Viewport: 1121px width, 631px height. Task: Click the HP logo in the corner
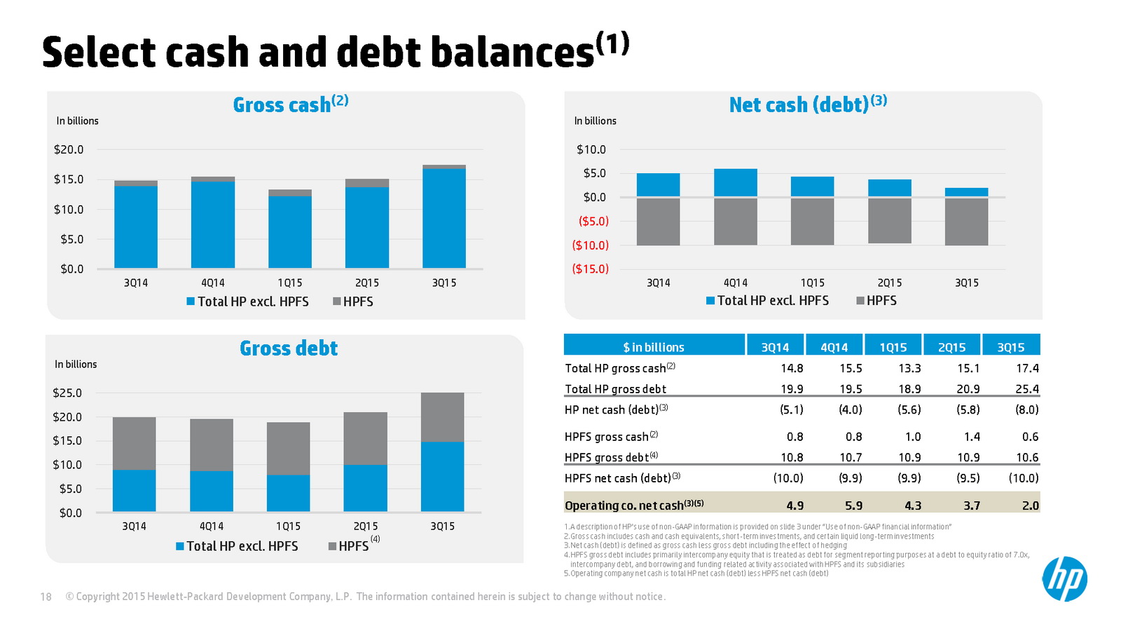click(x=1064, y=579)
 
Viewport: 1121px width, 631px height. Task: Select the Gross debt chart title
click(x=289, y=348)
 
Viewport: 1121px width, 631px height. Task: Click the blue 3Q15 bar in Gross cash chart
click(x=443, y=218)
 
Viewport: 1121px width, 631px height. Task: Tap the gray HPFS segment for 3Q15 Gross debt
click(x=442, y=417)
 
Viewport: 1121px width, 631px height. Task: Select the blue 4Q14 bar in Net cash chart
click(x=735, y=182)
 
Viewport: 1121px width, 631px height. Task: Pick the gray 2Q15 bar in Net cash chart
click(x=889, y=221)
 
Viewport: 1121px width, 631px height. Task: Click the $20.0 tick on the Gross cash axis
click(x=69, y=149)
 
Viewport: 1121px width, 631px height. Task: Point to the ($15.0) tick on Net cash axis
click(x=590, y=269)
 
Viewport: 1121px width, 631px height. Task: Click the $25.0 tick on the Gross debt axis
click(x=67, y=393)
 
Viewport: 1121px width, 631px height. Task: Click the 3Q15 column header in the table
click(x=1010, y=347)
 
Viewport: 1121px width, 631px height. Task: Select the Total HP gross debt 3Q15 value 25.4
click(x=1026, y=388)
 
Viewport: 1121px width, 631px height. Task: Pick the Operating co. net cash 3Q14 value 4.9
click(x=795, y=505)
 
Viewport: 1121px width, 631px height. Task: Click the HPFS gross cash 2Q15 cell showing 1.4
click(x=971, y=436)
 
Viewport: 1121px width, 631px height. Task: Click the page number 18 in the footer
click(x=46, y=597)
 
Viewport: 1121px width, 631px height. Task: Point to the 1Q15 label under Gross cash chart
click(x=289, y=283)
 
